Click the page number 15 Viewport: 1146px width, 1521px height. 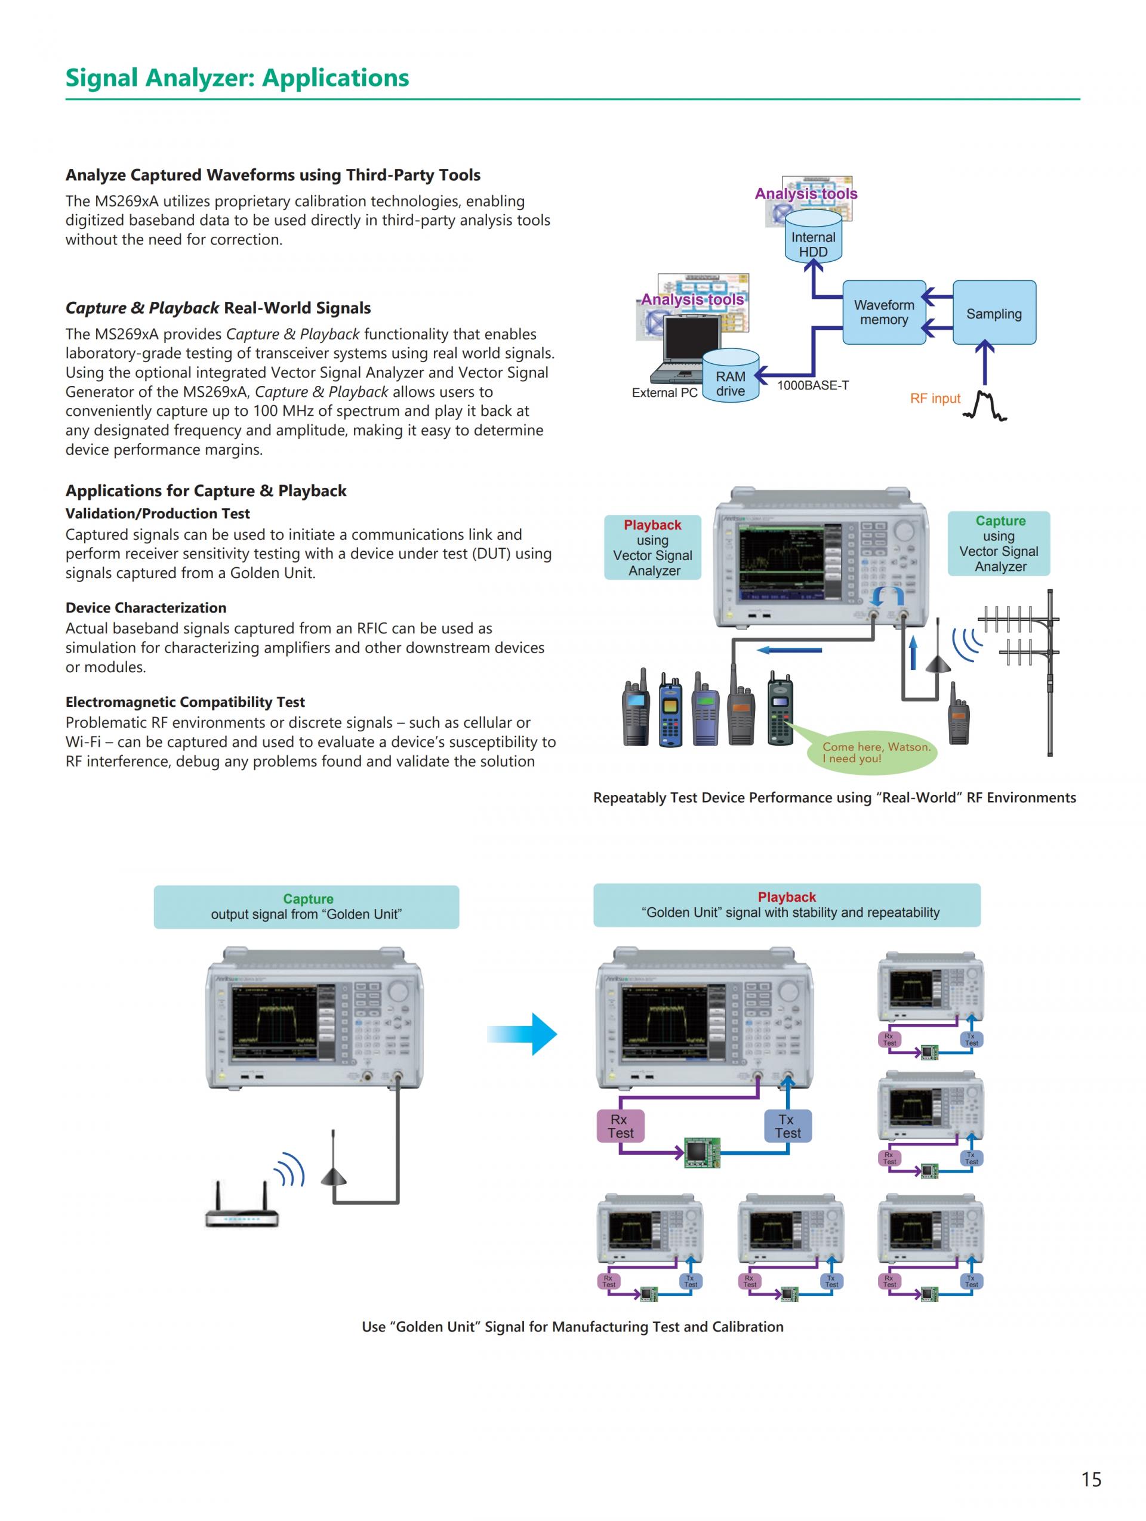click(1091, 1479)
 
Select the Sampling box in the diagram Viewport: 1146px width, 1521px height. click(994, 313)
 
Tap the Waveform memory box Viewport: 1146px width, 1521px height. click(884, 312)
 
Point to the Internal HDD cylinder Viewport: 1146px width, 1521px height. click(813, 238)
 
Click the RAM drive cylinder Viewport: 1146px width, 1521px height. click(731, 379)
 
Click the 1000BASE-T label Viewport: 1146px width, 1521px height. click(813, 386)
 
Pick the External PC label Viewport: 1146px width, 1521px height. click(664, 392)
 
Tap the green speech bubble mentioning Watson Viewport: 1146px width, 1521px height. click(872, 752)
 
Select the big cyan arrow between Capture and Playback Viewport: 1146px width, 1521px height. click(522, 1034)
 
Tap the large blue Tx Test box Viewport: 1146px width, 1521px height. click(788, 1126)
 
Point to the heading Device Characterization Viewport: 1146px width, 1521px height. click(146, 608)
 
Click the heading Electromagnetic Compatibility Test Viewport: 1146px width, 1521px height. click(185, 702)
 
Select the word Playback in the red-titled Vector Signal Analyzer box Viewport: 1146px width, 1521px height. click(652, 525)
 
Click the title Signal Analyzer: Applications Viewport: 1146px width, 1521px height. click(238, 78)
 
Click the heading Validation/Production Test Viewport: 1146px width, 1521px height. click(158, 514)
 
